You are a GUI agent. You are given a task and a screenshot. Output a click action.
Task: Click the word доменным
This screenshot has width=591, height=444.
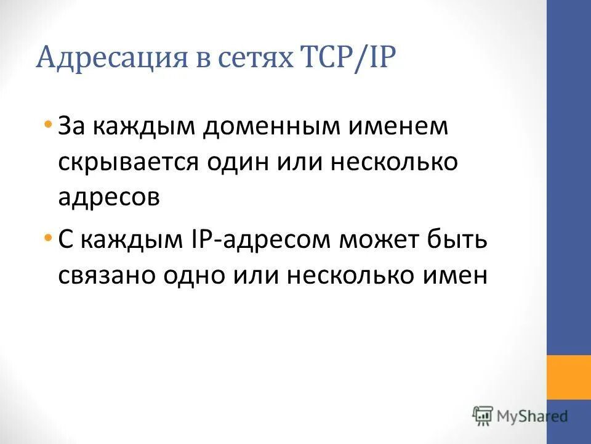[259, 128]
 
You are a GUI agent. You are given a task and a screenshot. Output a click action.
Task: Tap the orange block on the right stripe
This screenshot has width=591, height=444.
[568, 377]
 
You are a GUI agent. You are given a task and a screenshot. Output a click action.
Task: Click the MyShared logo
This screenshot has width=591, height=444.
[520, 416]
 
